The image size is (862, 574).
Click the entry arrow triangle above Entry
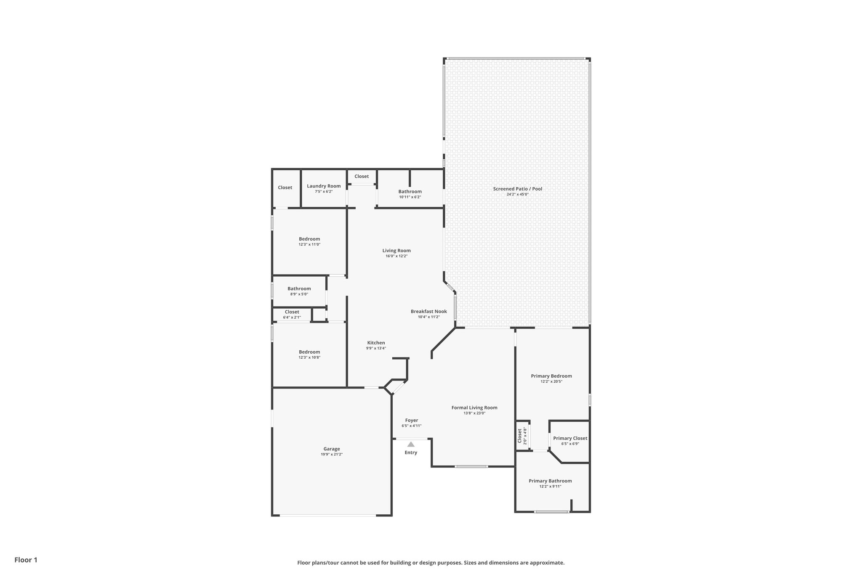[x=411, y=444]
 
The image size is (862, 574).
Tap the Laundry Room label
[x=324, y=186]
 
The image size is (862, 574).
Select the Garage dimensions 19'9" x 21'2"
[x=332, y=455]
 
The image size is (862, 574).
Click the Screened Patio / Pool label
[x=518, y=189]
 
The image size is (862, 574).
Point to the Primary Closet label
[x=570, y=438]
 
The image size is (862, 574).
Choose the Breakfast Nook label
[x=428, y=312]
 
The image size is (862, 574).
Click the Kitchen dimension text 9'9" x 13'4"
[x=376, y=348]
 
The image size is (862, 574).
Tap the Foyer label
[x=412, y=421]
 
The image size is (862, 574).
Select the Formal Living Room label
[x=474, y=407]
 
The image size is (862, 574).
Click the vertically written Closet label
[x=520, y=436]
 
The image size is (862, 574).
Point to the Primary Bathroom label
[x=550, y=481]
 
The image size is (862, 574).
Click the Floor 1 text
[x=26, y=560]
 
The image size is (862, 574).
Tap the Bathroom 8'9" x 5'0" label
[x=299, y=289]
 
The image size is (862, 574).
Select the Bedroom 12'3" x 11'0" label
[x=309, y=239]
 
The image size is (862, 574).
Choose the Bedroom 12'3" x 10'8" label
[x=309, y=352]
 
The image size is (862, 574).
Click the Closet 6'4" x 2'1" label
[x=292, y=312]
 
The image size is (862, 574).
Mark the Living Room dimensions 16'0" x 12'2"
[x=396, y=256]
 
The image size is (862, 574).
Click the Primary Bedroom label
[x=551, y=376]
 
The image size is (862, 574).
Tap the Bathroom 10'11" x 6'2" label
[x=410, y=192]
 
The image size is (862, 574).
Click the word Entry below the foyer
[x=411, y=452]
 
